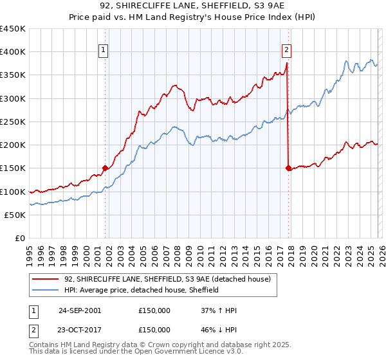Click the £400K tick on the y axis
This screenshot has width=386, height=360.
[13, 52]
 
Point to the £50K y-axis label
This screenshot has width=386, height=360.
[15, 215]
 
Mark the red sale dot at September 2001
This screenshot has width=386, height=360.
[106, 168]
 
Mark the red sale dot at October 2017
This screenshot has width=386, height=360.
[288, 168]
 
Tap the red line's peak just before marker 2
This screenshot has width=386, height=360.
[286, 64]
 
